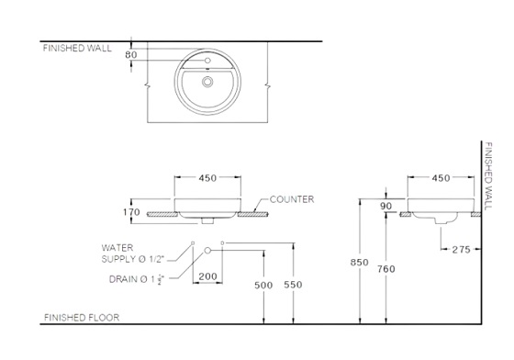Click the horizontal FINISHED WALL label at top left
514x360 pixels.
(x=77, y=49)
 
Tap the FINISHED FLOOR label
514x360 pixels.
(x=81, y=317)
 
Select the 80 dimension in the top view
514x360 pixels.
(x=131, y=55)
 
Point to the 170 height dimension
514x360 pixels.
(x=130, y=212)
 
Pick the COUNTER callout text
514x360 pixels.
(x=292, y=198)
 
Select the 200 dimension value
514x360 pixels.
(x=207, y=276)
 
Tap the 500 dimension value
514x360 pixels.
(x=263, y=286)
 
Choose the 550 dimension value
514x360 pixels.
(x=293, y=286)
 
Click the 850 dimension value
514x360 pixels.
(x=360, y=263)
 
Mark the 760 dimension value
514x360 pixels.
(x=387, y=269)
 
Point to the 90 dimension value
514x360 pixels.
(x=385, y=207)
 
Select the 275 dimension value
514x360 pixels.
(x=463, y=249)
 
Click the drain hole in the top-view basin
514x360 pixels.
(x=208, y=82)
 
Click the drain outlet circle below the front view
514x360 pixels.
(x=208, y=250)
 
